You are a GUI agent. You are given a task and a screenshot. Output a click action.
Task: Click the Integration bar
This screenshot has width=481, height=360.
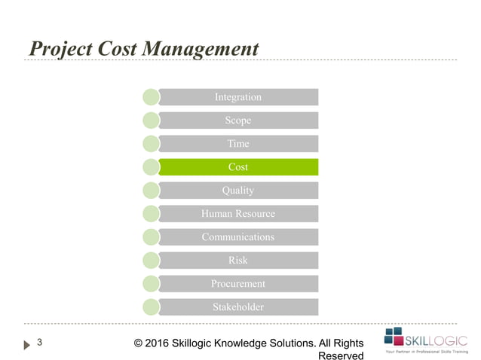238,97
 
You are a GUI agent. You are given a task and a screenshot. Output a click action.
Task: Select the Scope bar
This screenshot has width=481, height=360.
238,121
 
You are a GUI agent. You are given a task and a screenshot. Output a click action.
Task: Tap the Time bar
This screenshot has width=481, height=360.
238,144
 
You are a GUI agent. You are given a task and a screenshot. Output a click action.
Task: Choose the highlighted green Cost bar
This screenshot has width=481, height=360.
238,167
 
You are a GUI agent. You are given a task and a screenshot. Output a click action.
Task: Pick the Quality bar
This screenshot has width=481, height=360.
238,191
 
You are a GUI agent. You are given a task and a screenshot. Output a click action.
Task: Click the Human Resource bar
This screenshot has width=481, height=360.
238,214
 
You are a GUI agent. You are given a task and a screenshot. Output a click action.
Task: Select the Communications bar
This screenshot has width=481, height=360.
238,237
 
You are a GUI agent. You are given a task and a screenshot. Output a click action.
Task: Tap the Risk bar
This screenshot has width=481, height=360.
238,261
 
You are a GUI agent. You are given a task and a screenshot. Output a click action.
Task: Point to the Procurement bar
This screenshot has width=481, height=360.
238,284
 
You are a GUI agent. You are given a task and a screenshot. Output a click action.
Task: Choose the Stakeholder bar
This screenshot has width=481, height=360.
238,307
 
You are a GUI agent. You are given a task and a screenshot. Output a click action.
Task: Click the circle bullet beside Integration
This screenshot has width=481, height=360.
151,97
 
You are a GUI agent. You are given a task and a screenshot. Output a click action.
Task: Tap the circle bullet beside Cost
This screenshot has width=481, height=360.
151,167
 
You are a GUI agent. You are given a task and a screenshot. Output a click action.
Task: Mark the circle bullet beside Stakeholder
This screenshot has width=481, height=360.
151,307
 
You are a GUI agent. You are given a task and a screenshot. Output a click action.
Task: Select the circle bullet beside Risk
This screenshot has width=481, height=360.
151,261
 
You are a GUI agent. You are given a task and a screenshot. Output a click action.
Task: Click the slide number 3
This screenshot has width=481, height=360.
40,343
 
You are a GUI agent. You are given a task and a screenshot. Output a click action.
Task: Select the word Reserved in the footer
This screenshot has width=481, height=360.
342,355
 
